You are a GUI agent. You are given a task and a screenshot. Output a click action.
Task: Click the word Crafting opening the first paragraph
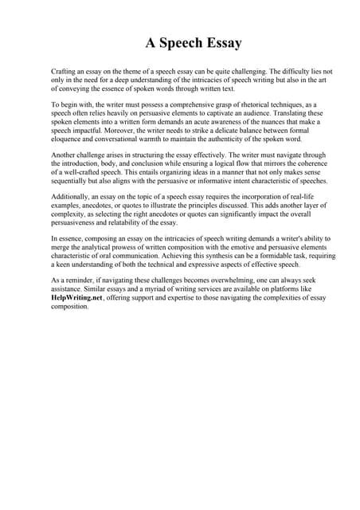point(63,71)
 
